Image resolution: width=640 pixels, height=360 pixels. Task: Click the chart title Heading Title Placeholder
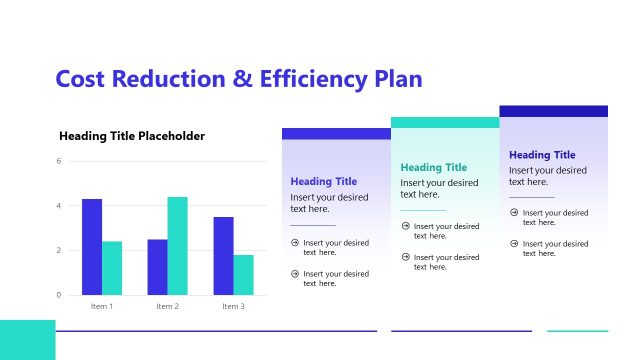click(x=132, y=136)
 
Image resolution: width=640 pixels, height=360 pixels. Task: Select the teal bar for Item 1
click(x=112, y=268)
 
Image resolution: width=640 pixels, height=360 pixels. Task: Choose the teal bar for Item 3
click(x=243, y=275)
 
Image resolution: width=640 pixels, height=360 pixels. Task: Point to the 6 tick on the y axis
click(x=59, y=161)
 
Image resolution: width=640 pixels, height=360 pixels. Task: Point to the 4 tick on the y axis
click(x=59, y=206)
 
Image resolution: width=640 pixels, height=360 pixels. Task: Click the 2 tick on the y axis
click(x=59, y=250)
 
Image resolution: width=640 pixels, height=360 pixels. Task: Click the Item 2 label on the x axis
click(x=167, y=306)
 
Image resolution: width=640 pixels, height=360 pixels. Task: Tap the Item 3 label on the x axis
click(x=233, y=306)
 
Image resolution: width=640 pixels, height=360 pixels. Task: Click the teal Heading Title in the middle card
click(x=434, y=168)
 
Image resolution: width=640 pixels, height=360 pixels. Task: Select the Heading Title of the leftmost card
click(x=324, y=182)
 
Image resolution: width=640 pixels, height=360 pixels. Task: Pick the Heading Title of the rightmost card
click(x=542, y=155)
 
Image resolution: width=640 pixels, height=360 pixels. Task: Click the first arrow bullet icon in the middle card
click(x=405, y=226)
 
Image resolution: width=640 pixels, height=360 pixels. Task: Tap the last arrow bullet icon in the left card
click(x=295, y=273)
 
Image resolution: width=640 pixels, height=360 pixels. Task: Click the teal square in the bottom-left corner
click(x=27, y=340)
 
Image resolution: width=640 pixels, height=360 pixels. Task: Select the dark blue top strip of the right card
click(x=553, y=111)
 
